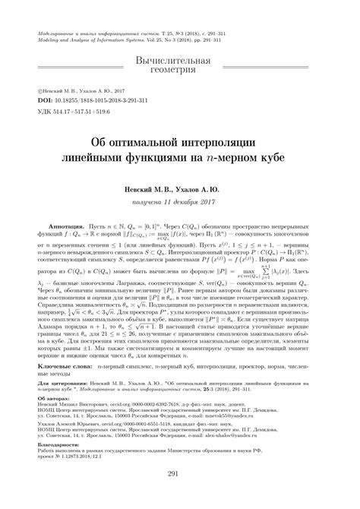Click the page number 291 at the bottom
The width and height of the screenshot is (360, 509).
click(180, 496)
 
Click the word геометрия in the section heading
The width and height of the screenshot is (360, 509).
click(181, 71)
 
